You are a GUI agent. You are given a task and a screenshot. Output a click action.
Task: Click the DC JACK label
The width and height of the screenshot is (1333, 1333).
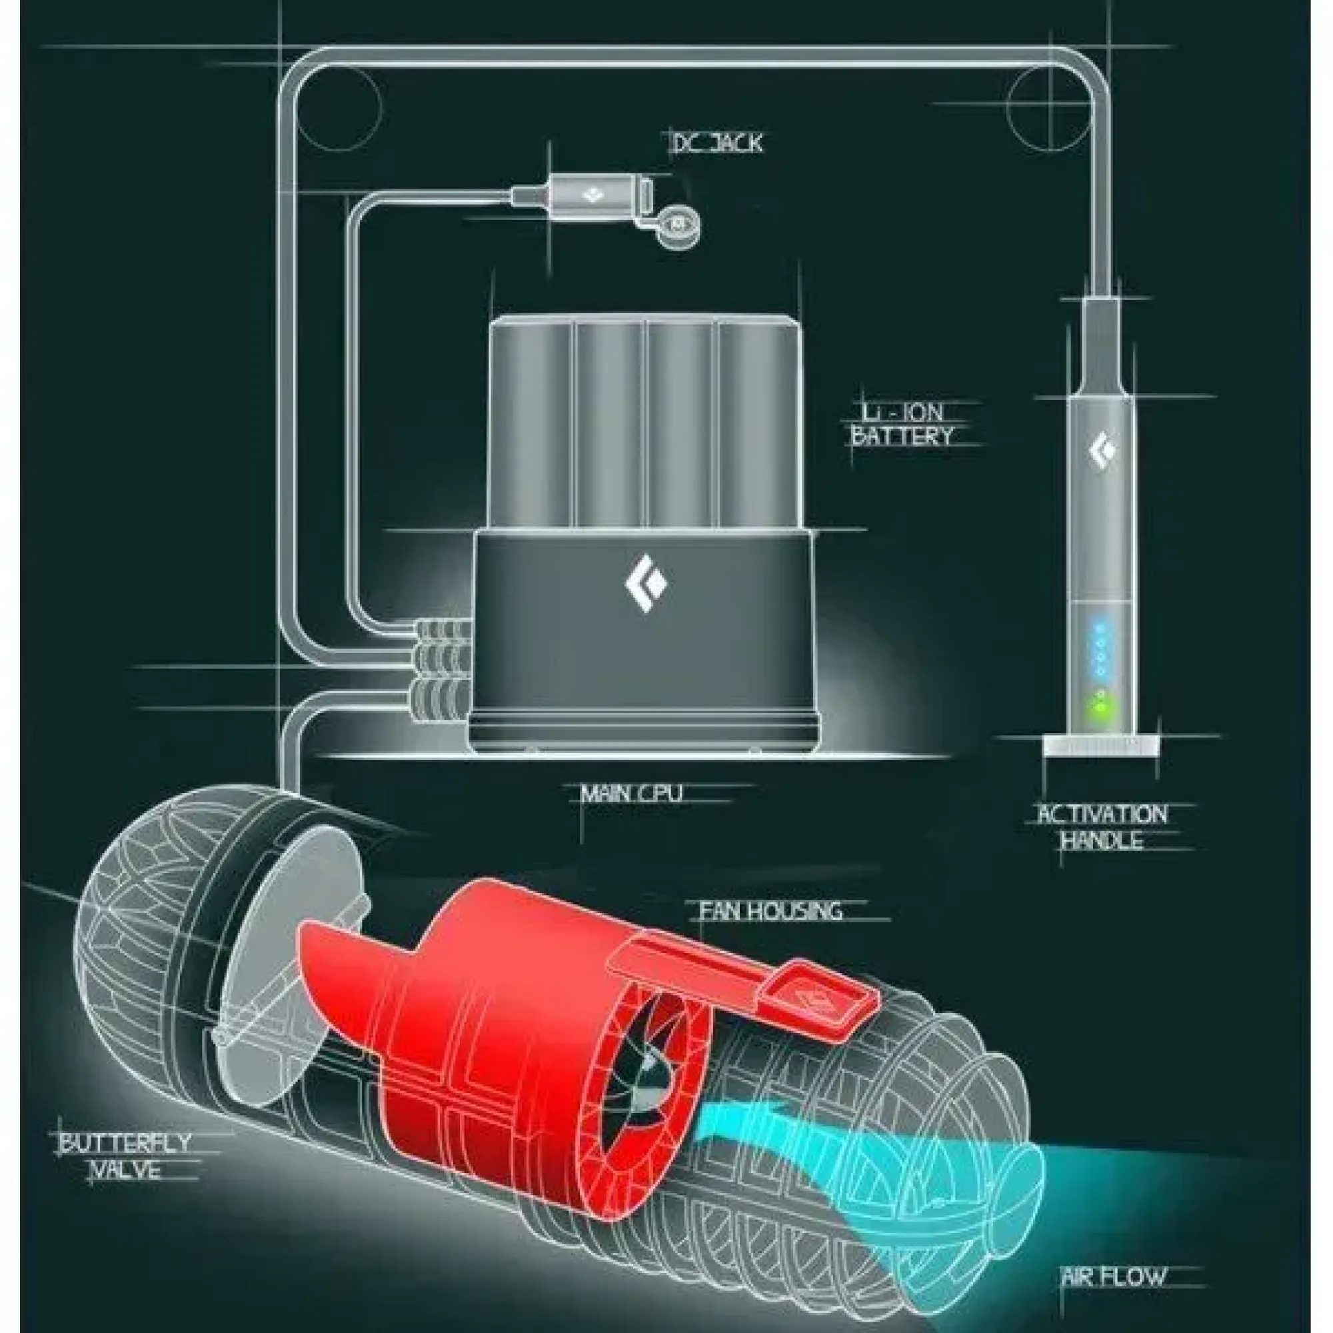click(x=718, y=143)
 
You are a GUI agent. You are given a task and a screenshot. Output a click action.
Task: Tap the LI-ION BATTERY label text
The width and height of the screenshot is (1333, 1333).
click(x=902, y=425)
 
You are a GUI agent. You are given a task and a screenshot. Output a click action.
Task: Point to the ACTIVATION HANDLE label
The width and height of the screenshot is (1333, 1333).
click(x=1102, y=827)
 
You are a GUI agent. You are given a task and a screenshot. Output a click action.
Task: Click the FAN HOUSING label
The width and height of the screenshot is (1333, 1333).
click(x=770, y=910)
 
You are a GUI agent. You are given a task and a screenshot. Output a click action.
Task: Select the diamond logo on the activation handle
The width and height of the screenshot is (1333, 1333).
click(x=1102, y=449)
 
